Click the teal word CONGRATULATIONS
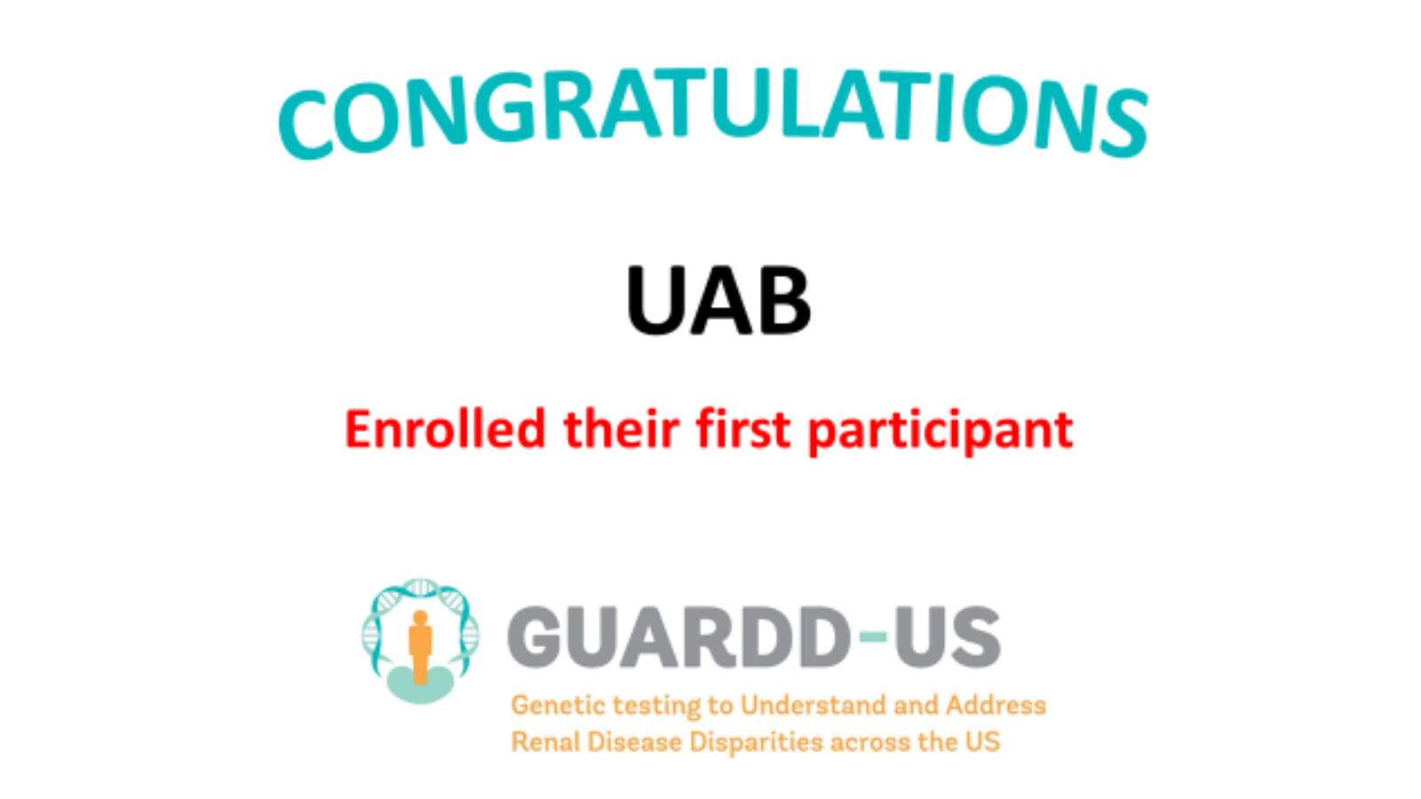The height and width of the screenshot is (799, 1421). coord(713,113)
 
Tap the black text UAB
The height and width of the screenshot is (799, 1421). coord(718,301)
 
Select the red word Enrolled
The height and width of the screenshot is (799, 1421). coord(445,430)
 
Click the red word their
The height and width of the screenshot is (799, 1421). coord(622,430)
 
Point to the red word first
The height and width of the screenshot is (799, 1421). coord(742,430)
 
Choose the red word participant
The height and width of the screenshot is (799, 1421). coord(941,432)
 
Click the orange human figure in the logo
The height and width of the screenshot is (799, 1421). coord(420,647)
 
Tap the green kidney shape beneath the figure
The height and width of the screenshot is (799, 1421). coord(420,684)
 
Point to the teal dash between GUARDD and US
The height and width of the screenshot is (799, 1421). coord(873,637)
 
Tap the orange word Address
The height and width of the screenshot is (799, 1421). coord(996,705)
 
